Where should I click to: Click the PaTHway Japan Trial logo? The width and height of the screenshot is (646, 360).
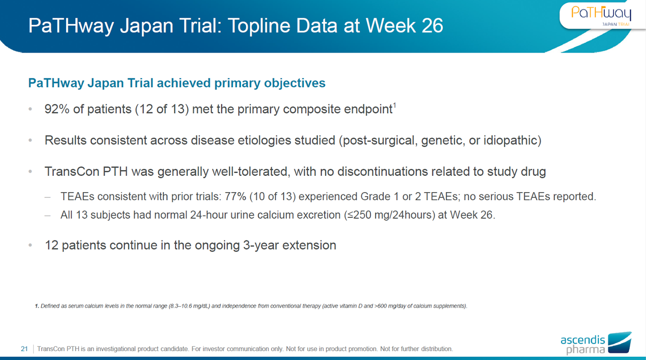(x=601, y=16)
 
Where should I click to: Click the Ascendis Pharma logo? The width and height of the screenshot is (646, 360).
(x=596, y=343)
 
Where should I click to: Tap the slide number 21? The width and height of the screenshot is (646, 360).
(x=24, y=349)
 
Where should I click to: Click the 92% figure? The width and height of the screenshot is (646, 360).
(x=57, y=109)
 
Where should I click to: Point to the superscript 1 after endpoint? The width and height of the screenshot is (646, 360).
(x=394, y=105)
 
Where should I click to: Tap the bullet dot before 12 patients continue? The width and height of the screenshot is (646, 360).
(x=30, y=245)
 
